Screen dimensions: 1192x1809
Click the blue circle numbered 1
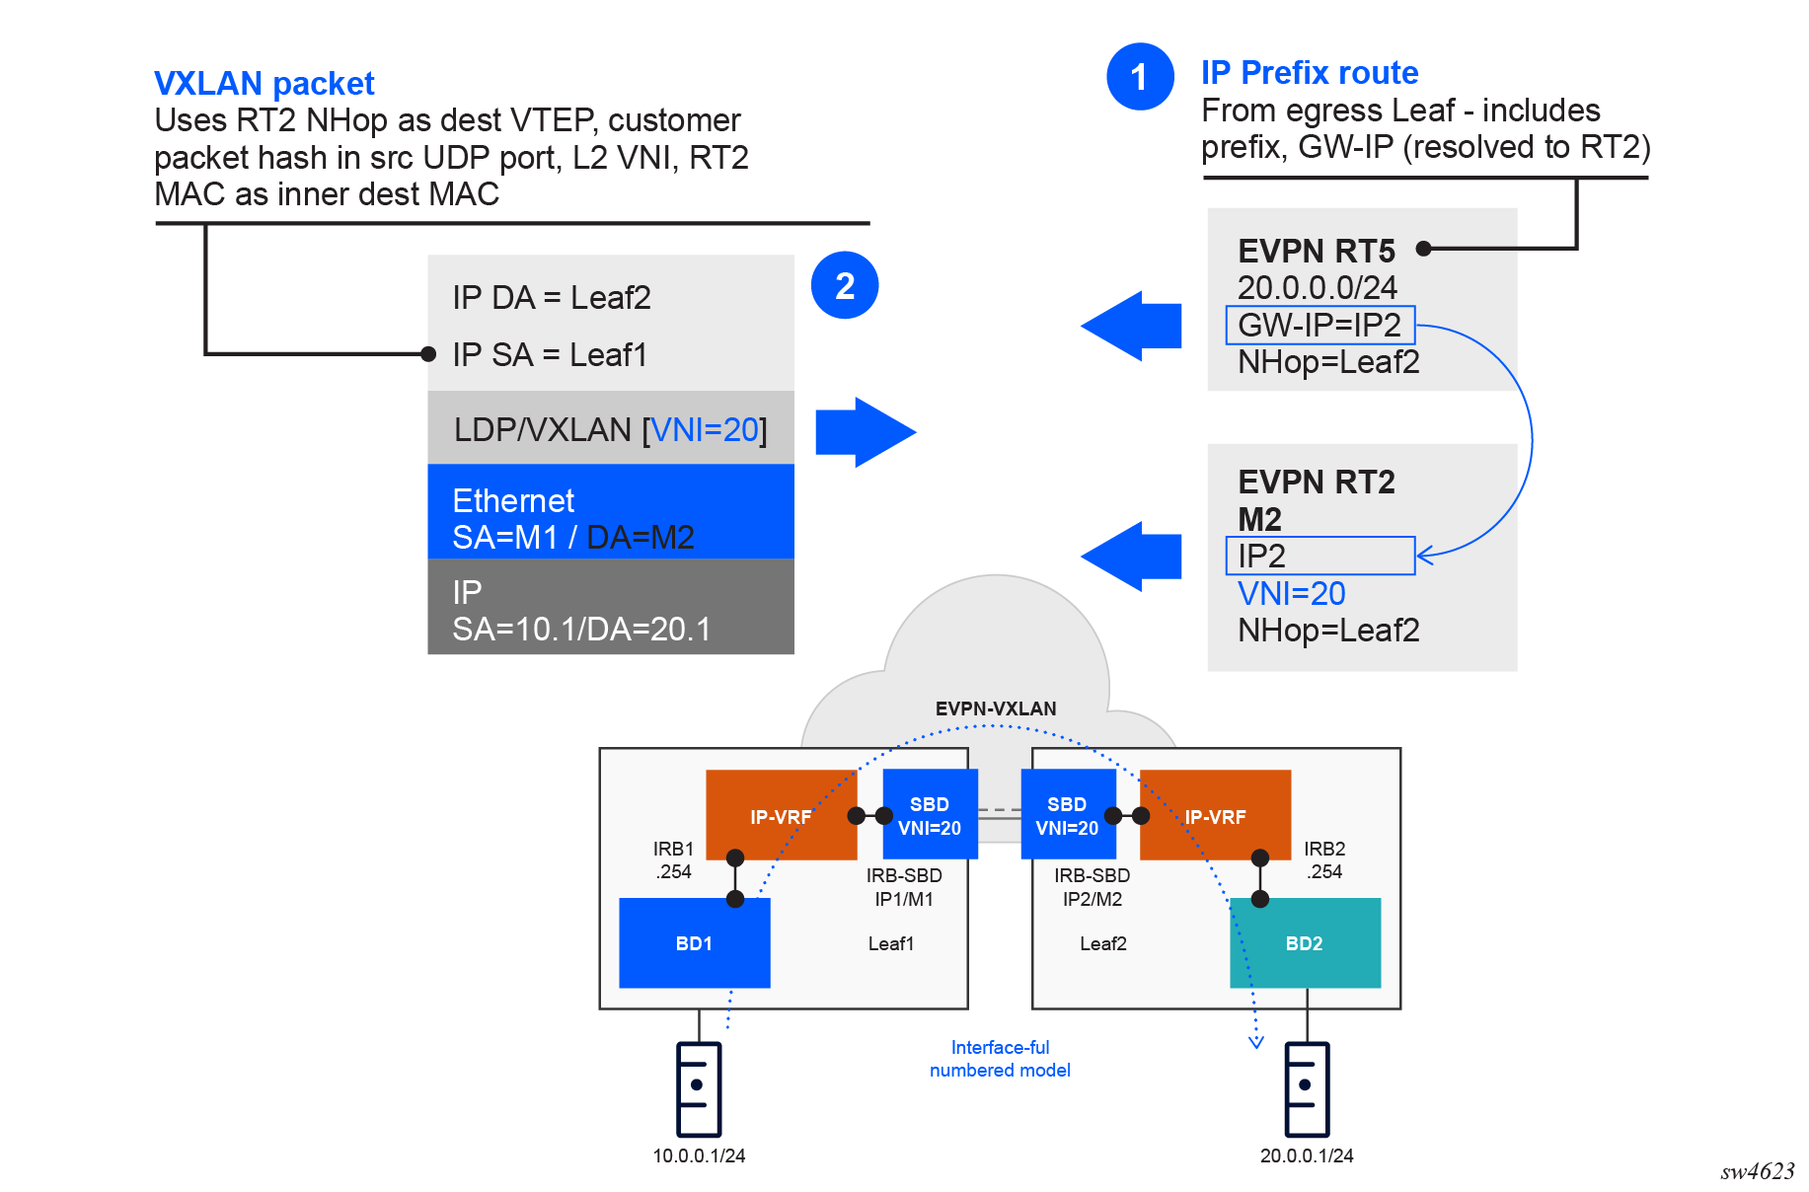tap(1140, 77)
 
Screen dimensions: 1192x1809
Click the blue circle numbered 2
tap(845, 286)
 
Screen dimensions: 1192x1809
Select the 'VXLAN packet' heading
tap(264, 84)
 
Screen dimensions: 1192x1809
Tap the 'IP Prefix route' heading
tap(1309, 73)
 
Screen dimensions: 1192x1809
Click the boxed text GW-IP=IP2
tap(1319, 325)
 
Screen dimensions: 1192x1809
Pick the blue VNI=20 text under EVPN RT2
tap(1291, 593)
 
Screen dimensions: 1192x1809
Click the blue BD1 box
tap(694, 943)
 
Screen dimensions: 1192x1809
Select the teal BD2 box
tap(1305, 943)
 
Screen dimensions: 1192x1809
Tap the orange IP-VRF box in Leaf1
tap(780, 816)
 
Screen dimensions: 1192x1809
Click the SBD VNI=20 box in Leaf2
tap(1067, 816)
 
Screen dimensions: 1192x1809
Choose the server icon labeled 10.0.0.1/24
tap(699, 1088)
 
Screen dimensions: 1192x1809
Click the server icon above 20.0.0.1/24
tap(1307, 1088)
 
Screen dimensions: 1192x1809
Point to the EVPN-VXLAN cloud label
tap(995, 708)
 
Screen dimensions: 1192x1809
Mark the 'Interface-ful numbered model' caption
tap(1000, 1059)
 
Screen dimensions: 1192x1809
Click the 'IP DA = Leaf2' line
tap(552, 298)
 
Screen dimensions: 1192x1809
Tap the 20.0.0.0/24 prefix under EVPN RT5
tap(1317, 288)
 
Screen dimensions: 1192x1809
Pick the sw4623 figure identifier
tap(1757, 1171)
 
